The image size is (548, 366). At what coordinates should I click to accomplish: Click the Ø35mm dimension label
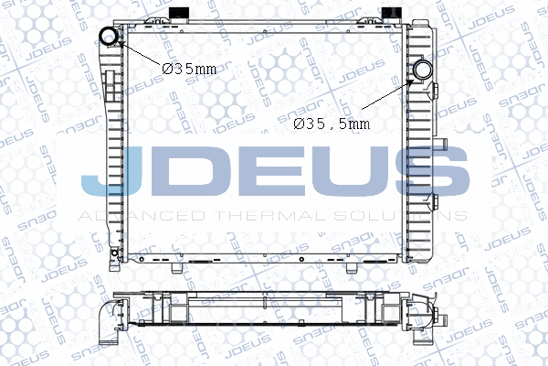pyautogui.click(x=189, y=67)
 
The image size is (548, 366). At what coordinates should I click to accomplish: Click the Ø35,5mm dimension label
pyautogui.click(x=332, y=124)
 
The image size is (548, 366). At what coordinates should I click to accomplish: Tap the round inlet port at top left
pyautogui.click(x=110, y=38)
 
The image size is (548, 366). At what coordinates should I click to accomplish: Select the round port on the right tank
pyautogui.click(x=425, y=70)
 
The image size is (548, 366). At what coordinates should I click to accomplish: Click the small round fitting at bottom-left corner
pyautogui.click(x=111, y=253)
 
